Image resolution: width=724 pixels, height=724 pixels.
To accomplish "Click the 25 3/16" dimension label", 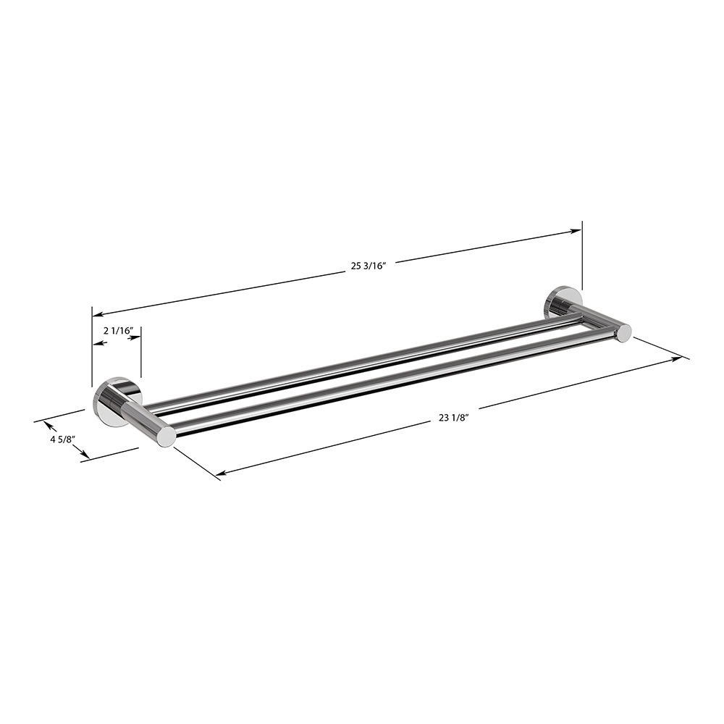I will [369, 266].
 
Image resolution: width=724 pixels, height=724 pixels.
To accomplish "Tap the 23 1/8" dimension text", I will [455, 417].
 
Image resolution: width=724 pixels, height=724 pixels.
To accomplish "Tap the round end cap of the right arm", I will [623, 332].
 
